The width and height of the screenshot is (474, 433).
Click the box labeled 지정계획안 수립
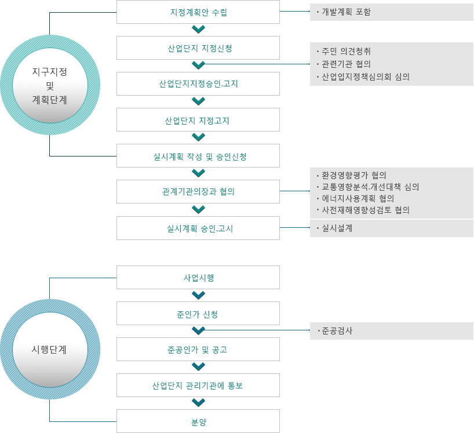point(198,12)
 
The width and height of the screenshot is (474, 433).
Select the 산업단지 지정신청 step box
point(198,48)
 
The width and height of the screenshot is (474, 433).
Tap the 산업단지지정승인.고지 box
point(198,83)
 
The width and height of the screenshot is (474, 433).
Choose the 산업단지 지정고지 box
point(198,120)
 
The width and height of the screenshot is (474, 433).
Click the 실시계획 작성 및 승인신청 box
point(198,156)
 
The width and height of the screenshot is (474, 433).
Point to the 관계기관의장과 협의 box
point(198,192)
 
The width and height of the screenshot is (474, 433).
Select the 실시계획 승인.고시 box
point(198,228)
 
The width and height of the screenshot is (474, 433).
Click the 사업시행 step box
point(198,277)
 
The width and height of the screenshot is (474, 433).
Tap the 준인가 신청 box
point(198,313)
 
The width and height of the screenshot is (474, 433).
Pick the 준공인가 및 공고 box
point(198,350)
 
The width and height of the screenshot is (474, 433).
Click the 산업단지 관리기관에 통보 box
point(198,385)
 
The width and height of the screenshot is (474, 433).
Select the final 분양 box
point(198,421)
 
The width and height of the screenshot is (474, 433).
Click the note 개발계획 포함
point(346,12)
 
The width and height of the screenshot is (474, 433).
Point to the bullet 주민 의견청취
point(346,51)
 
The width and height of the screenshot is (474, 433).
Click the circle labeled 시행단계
point(50,350)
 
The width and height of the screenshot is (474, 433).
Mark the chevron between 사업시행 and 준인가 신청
point(198,296)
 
